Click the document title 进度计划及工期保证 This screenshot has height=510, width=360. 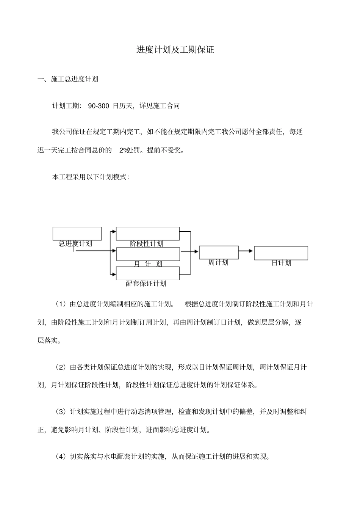[x=175, y=50]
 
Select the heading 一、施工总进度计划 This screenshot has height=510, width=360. [x=68, y=79]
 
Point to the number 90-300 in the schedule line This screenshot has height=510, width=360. [x=99, y=106]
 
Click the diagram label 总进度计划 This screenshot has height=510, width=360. [x=75, y=244]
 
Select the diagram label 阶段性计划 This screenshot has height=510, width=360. [x=146, y=244]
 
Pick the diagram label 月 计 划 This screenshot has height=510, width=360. [x=148, y=264]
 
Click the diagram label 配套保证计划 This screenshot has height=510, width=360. [x=146, y=283]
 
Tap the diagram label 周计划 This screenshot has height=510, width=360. [x=218, y=262]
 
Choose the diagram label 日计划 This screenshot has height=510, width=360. [x=281, y=263]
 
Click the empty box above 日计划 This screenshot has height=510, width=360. [x=281, y=253]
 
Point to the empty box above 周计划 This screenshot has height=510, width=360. [x=219, y=252]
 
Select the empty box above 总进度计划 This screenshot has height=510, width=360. [x=77, y=233]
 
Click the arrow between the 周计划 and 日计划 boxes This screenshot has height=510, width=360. [x=246, y=251]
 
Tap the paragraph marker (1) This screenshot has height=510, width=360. [x=61, y=304]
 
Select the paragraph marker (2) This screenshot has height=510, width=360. [x=61, y=367]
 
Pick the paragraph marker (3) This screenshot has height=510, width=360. [x=61, y=411]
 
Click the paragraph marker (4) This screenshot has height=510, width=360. [x=61, y=457]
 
